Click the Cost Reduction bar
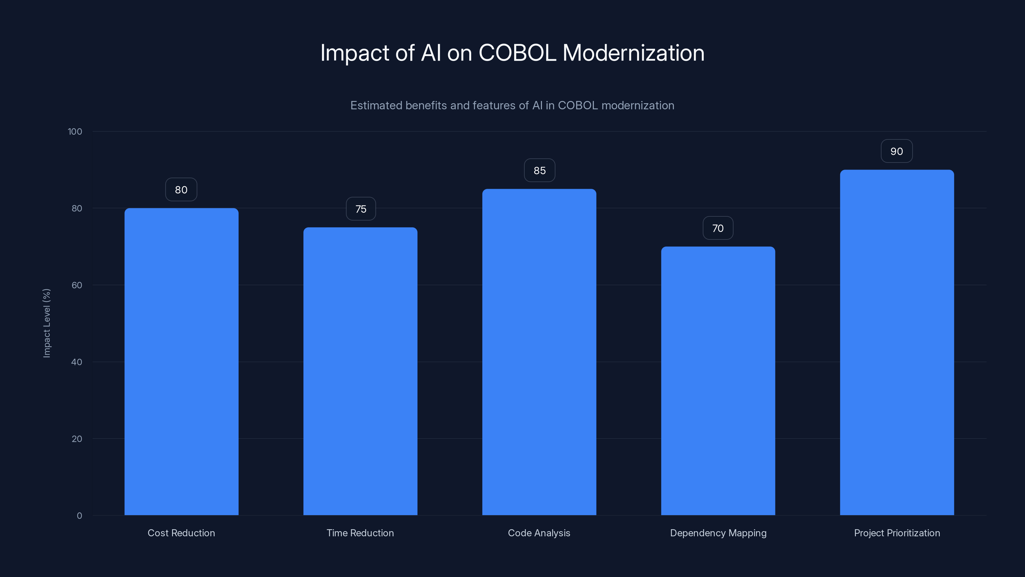[181, 362]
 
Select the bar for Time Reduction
[360, 371]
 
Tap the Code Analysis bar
[539, 352]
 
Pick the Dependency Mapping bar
[718, 381]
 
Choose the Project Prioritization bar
[897, 342]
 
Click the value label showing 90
[897, 151]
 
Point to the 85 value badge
[539, 171]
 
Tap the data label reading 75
[360, 209]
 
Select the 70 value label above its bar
[718, 228]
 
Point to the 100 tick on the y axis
[75, 131]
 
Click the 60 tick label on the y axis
[77, 285]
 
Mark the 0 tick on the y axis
[79, 516]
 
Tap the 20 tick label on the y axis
[77, 439]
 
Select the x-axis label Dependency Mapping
[718, 533]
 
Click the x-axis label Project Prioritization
[897, 533]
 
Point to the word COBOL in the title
[517, 53]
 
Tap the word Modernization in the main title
[633, 53]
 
